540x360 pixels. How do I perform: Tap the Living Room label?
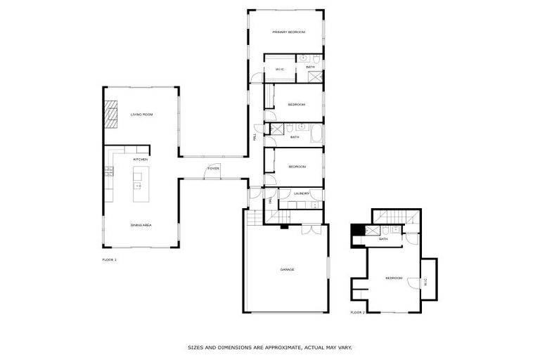142,114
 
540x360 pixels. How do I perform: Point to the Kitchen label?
141,160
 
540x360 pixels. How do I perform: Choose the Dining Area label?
141,225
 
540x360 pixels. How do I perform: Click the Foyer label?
213,169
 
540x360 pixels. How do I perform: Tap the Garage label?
287,270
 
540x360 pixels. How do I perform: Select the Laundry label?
302,193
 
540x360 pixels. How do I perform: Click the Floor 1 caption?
110,259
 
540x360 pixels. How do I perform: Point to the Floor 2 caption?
358,312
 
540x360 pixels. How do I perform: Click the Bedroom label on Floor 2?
394,278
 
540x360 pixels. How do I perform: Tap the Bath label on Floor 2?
384,239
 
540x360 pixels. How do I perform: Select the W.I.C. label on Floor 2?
425,283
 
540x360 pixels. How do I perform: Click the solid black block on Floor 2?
357,229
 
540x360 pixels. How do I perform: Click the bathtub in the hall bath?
316,133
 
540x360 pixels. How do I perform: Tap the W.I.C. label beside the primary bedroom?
279,69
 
